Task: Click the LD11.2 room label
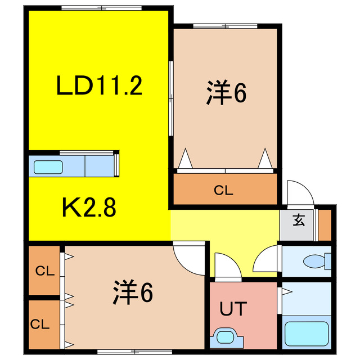99,86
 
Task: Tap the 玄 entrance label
298,220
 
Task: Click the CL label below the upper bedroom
223,190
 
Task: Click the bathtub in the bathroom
307,333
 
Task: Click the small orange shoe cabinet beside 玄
324,224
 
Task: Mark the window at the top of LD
99,8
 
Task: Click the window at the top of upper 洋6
225,26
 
